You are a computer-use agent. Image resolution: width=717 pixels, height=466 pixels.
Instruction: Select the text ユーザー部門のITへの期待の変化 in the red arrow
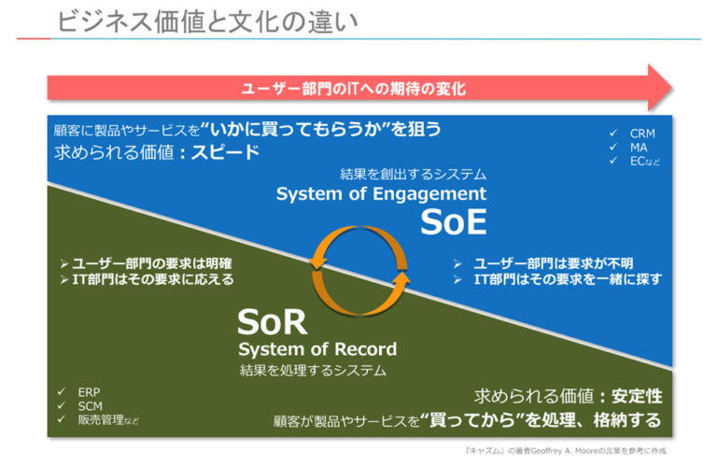353,89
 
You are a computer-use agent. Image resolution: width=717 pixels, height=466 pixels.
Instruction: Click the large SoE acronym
453,222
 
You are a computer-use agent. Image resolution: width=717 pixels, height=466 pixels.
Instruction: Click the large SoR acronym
272,321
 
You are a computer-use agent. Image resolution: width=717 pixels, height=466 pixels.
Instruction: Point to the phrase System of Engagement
381,194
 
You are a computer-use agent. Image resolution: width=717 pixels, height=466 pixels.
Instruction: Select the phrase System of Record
316,349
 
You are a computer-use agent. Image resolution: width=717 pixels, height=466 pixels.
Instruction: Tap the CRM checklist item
642,134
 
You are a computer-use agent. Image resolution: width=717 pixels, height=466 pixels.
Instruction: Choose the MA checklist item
638,147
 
